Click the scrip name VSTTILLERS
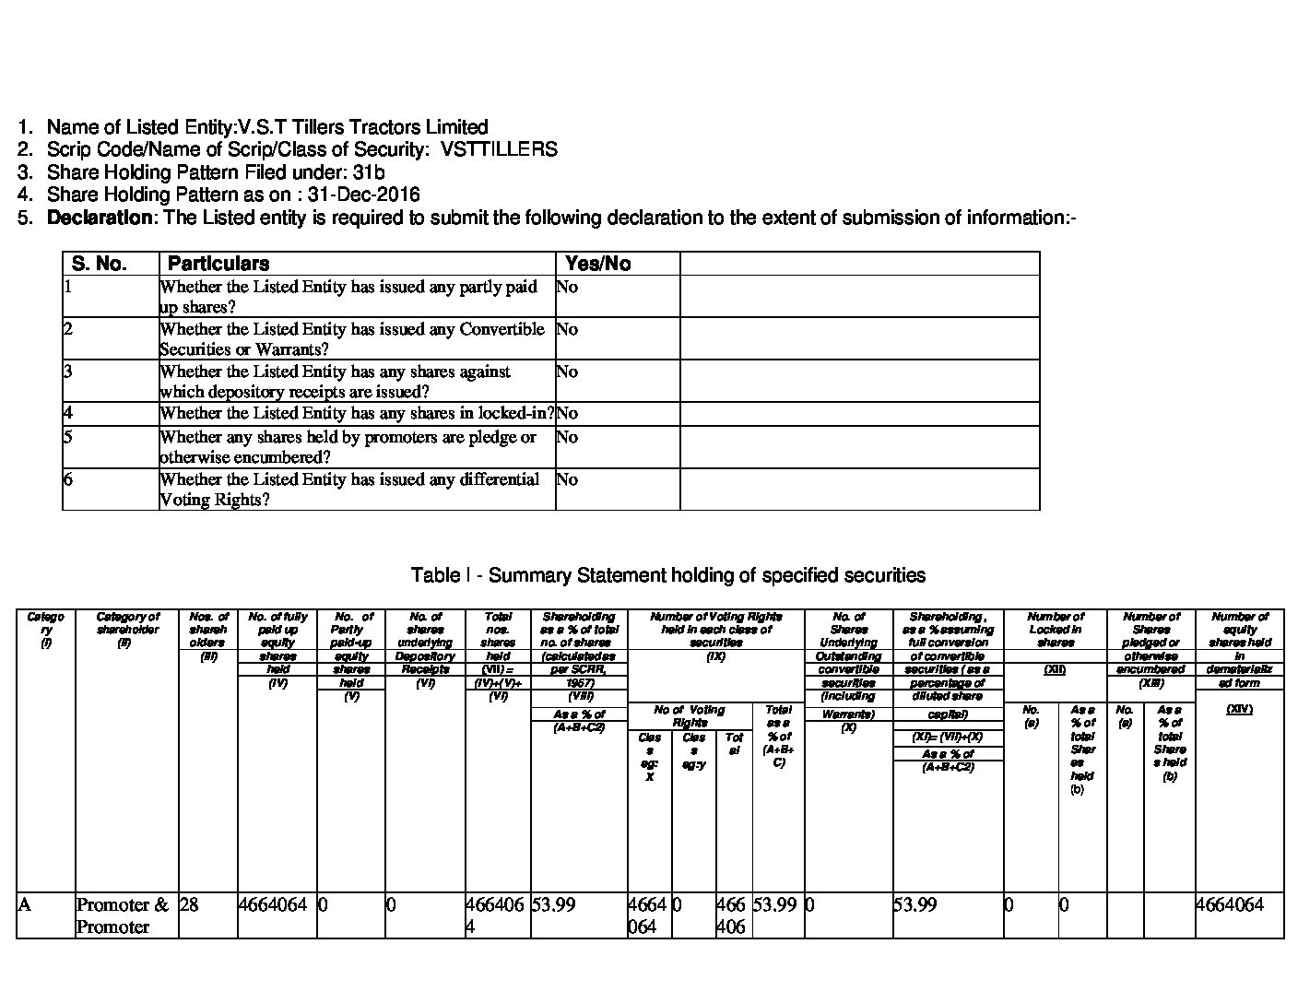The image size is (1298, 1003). (499, 149)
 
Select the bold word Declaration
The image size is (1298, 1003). (100, 218)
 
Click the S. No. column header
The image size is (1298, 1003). (99, 264)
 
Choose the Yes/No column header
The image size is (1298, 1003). (597, 264)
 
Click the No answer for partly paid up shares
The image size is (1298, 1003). (567, 287)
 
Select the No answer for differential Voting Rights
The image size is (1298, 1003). (567, 479)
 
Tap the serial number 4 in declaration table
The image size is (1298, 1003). (68, 413)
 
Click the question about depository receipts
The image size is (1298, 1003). (335, 381)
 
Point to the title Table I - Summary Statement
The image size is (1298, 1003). (667, 575)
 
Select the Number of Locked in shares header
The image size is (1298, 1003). (1055, 630)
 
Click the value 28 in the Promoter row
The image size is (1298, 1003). (189, 904)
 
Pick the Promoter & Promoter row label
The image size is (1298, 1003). (123, 915)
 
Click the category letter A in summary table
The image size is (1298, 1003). (24, 904)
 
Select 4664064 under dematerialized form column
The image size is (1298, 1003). (1229, 904)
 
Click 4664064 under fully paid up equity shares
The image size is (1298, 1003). (272, 904)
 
